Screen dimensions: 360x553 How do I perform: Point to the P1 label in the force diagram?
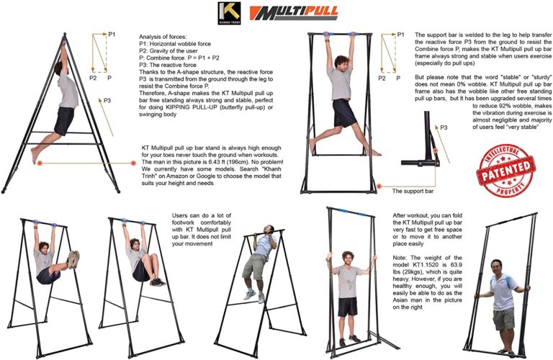coord(112,34)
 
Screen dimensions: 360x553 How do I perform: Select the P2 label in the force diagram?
coord(93,77)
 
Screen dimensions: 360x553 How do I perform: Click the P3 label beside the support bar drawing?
coord(444,127)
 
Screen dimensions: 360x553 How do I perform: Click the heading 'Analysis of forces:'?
coord(163,36)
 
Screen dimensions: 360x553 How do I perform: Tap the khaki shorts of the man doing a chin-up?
coord(255,267)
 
